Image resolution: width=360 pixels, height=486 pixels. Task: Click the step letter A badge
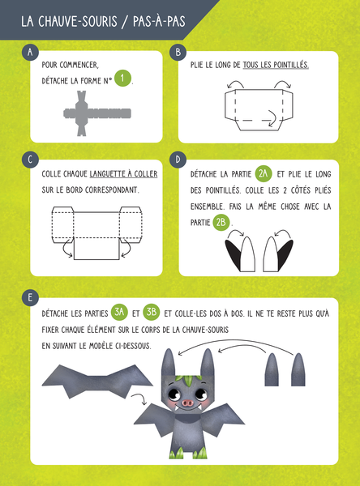click(x=30, y=52)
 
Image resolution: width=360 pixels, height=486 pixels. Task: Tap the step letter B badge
click(x=178, y=52)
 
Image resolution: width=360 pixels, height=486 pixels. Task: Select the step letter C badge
click(x=30, y=160)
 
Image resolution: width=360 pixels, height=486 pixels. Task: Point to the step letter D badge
click(x=178, y=160)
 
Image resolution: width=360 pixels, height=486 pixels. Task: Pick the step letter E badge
click(x=30, y=297)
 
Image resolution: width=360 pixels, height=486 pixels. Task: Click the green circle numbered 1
click(x=122, y=78)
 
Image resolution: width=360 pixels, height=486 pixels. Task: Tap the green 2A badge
click(x=264, y=173)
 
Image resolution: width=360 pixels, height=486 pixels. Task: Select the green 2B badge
click(x=221, y=222)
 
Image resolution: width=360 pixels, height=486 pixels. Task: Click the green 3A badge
click(x=119, y=312)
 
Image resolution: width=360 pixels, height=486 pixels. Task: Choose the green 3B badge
click(x=152, y=312)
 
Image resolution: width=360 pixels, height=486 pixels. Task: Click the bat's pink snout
click(x=187, y=403)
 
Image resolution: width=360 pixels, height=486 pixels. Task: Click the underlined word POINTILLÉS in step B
click(x=291, y=65)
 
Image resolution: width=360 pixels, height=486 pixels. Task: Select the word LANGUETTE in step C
click(x=106, y=174)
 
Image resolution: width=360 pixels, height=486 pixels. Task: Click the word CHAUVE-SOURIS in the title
click(x=78, y=21)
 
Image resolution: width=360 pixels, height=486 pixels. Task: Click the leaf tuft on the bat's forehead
click(x=188, y=380)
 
